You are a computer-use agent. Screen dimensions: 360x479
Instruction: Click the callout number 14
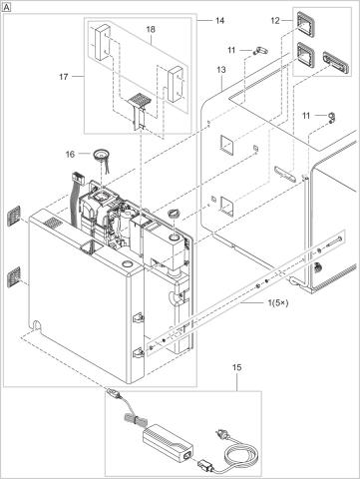(219, 21)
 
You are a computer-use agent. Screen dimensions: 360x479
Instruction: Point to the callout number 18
(151, 29)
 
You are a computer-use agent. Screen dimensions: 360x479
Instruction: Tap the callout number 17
(64, 77)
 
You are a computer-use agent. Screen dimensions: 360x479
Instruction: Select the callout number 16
(70, 155)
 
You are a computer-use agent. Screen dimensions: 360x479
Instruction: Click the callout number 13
(221, 70)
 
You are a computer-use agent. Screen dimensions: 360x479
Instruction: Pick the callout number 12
(275, 21)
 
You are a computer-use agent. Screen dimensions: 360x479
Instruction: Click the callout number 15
(237, 367)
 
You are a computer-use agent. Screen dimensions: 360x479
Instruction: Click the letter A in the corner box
(6, 8)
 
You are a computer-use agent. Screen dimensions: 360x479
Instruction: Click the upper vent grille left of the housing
(14, 216)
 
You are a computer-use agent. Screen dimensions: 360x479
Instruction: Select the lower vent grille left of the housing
(14, 276)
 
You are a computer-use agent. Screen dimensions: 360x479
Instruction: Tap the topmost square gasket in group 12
(305, 24)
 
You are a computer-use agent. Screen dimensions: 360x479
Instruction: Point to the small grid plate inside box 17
(140, 99)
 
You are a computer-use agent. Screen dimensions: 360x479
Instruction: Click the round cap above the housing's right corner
(176, 213)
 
